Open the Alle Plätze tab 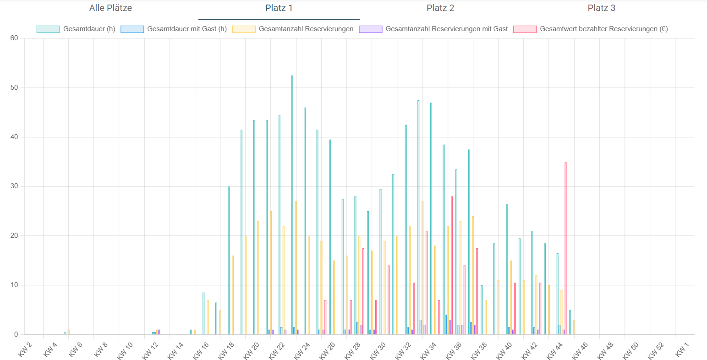110,8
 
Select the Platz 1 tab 279,8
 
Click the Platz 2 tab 440,8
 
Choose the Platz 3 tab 601,8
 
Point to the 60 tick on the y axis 14,38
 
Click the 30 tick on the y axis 14,186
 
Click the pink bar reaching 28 452,266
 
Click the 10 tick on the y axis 14,285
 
